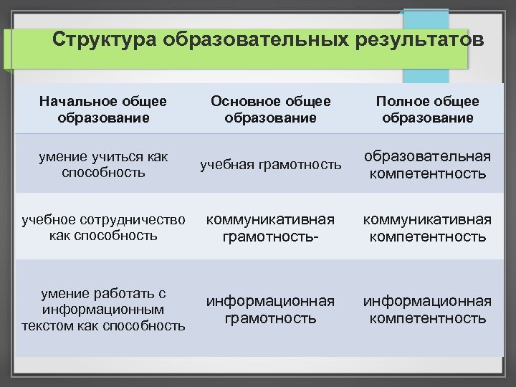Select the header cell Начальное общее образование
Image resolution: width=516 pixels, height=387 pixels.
coord(105,110)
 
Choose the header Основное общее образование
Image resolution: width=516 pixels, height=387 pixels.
coord(270,110)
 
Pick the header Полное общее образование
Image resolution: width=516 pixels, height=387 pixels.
coord(428,110)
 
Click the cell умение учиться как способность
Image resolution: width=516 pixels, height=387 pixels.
coord(105,164)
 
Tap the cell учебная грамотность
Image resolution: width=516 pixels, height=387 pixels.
coord(270,165)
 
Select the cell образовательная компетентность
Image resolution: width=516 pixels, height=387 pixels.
coord(428,165)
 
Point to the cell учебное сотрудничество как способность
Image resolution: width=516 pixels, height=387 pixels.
coord(105,226)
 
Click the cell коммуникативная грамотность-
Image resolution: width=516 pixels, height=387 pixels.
coord(270,227)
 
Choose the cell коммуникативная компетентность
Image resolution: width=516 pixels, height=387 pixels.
coord(428,227)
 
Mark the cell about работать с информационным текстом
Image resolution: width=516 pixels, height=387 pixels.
coord(105,310)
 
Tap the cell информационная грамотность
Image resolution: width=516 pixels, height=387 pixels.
coord(270,309)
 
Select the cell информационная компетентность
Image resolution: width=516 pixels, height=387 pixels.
coord(428,309)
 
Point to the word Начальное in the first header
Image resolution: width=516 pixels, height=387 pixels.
coord(75,102)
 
